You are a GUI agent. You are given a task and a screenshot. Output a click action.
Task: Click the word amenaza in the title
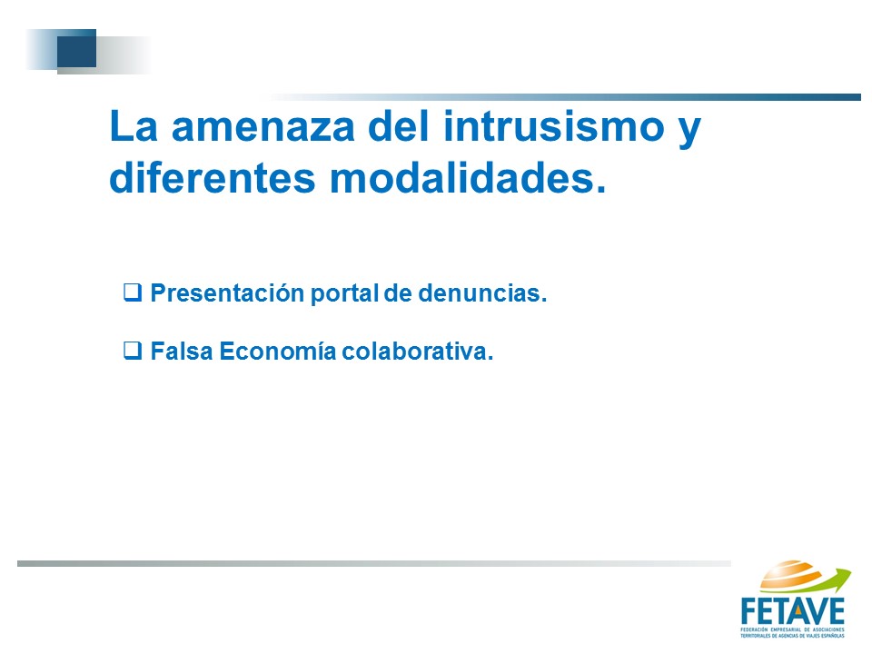263,127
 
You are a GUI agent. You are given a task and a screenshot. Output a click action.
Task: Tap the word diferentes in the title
213,178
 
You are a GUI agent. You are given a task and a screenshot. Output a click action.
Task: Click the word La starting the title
134,126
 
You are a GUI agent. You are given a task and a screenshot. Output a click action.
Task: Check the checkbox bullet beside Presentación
133,292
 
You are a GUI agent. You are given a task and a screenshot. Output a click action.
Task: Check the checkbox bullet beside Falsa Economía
133,351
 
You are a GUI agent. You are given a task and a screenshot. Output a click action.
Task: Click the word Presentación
227,293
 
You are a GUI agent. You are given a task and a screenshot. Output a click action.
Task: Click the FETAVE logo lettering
792,611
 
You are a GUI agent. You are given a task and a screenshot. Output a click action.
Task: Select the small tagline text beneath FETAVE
792,633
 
